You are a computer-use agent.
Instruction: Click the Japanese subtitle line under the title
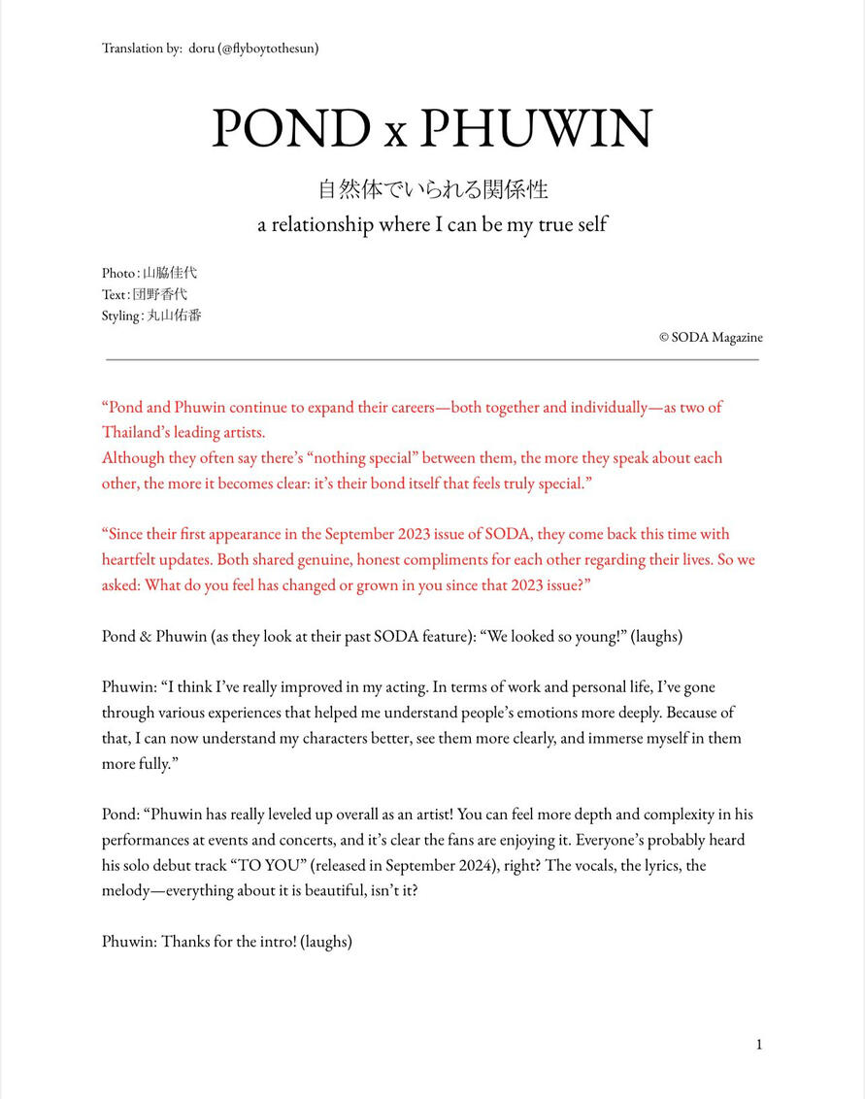pyautogui.click(x=432, y=188)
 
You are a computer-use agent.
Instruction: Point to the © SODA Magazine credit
pyautogui.click(x=711, y=338)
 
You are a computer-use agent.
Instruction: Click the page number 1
pyautogui.click(x=759, y=1045)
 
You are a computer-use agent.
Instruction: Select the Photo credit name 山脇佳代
pyautogui.click(x=170, y=273)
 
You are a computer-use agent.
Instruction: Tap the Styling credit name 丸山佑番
pyautogui.click(x=174, y=316)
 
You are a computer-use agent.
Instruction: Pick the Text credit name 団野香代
pyautogui.click(x=160, y=294)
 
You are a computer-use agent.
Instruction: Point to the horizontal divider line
pyautogui.click(x=432, y=359)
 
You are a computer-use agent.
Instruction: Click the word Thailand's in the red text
pyautogui.click(x=135, y=433)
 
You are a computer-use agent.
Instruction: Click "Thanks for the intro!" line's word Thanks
pyautogui.click(x=183, y=942)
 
